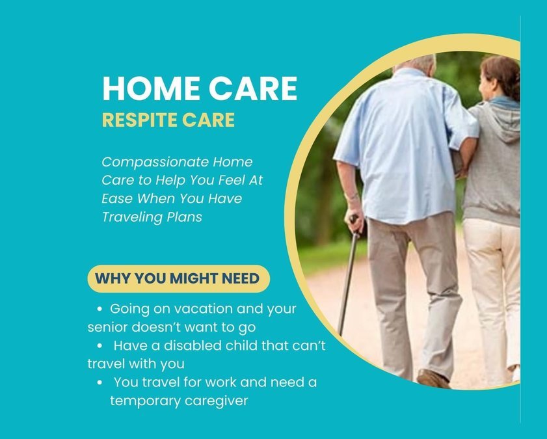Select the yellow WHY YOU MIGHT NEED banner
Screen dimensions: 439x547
pyautogui.click(x=178, y=278)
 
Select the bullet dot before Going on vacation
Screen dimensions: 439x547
pyautogui.click(x=100, y=309)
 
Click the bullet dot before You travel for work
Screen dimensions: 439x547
pyautogui.click(x=100, y=383)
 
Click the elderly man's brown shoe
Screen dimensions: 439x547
pyautogui.click(x=432, y=378)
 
